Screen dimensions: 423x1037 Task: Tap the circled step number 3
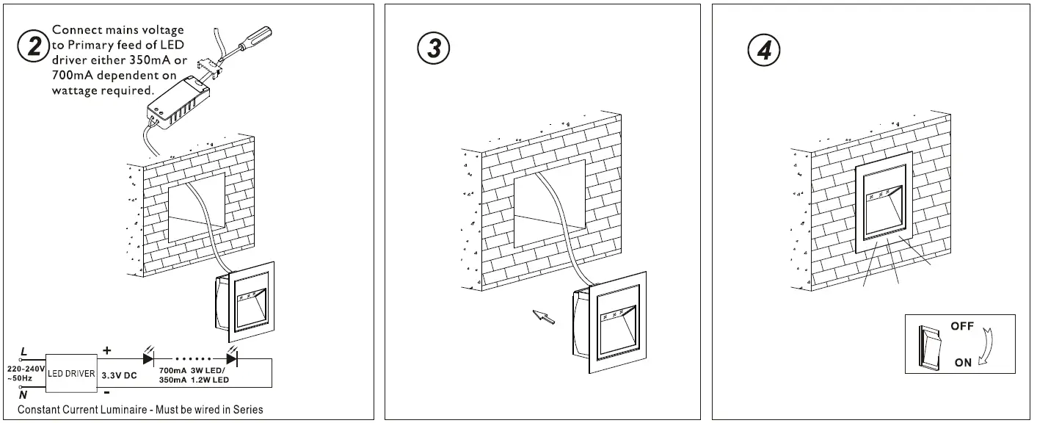tap(434, 49)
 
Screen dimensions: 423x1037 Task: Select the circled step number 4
tap(763, 49)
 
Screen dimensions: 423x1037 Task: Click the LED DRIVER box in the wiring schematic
tap(71, 374)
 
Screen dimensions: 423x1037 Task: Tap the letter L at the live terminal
tap(24, 352)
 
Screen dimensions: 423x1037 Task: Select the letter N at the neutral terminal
tap(24, 395)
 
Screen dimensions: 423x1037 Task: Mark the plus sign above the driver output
tap(107, 351)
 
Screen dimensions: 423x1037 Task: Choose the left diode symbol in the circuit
tap(148, 359)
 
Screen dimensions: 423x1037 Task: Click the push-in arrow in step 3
tap(544, 317)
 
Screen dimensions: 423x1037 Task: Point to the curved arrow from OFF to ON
tap(991, 344)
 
